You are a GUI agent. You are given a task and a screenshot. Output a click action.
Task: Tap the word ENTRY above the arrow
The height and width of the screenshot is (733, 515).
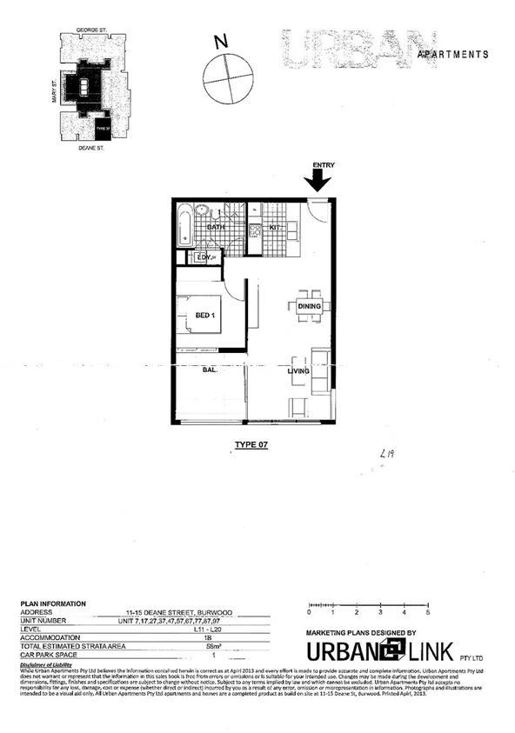click(x=319, y=165)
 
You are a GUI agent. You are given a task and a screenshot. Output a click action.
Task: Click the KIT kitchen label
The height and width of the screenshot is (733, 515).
click(x=272, y=227)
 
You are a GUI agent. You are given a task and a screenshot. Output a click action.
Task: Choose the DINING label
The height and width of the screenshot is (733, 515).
click(x=310, y=307)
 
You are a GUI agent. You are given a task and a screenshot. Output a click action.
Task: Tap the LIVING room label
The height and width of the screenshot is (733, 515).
click(x=301, y=372)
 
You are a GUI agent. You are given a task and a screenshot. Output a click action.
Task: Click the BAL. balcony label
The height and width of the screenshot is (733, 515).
click(x=210, y=371)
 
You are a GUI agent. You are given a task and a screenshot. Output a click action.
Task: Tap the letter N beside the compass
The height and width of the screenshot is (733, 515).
click(x=222, y=41)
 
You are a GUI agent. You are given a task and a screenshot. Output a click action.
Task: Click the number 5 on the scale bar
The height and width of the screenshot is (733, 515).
click(x=430, y=613)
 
